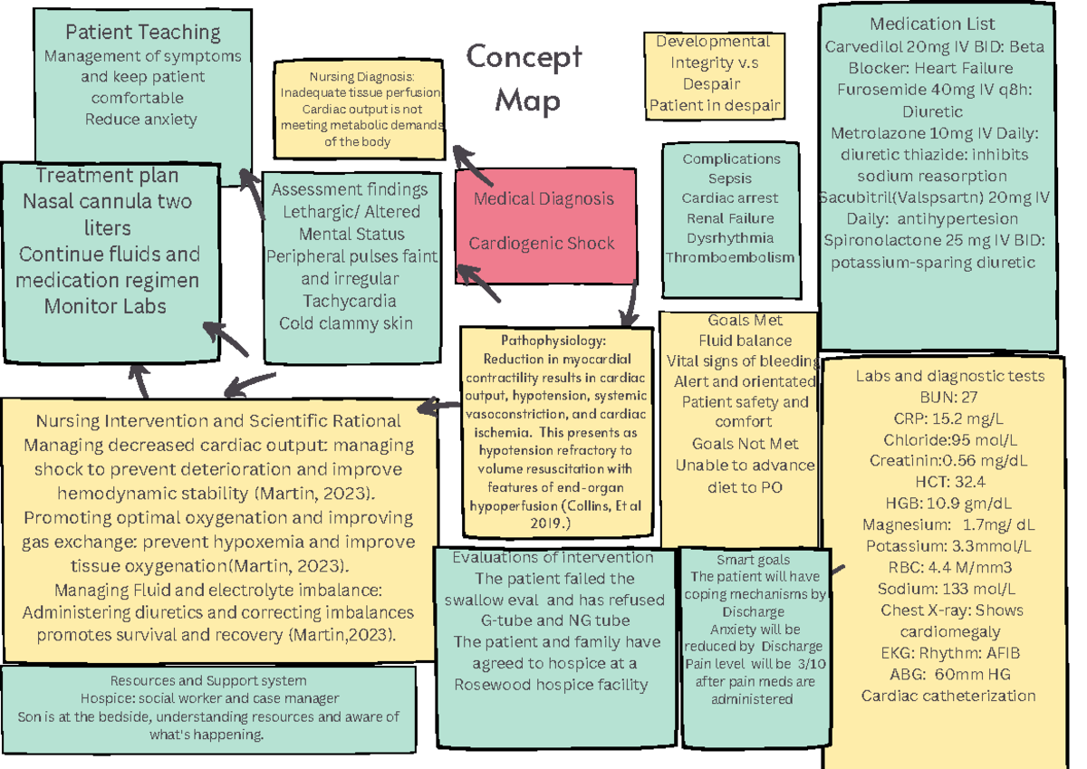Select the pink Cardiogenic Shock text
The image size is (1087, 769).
(541, 243)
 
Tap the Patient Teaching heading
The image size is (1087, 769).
(143, 33)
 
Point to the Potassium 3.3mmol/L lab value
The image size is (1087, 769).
(948, 546)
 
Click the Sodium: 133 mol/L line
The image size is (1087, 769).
(949, 589)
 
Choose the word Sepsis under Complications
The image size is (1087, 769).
(730, 178)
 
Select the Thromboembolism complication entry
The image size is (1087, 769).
(730, 257)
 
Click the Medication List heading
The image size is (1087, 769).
(932, 24)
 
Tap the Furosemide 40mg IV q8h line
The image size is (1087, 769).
(933, 90)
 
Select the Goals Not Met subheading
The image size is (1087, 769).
(744, 444)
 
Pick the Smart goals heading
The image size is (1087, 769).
(753, 560)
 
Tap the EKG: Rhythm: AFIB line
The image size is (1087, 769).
(949, 653)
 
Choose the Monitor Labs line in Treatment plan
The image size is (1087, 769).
(105, 306)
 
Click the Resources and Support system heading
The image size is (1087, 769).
(207, 680)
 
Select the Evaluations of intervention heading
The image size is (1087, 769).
(553, 557)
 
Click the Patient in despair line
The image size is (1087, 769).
(715, 106)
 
